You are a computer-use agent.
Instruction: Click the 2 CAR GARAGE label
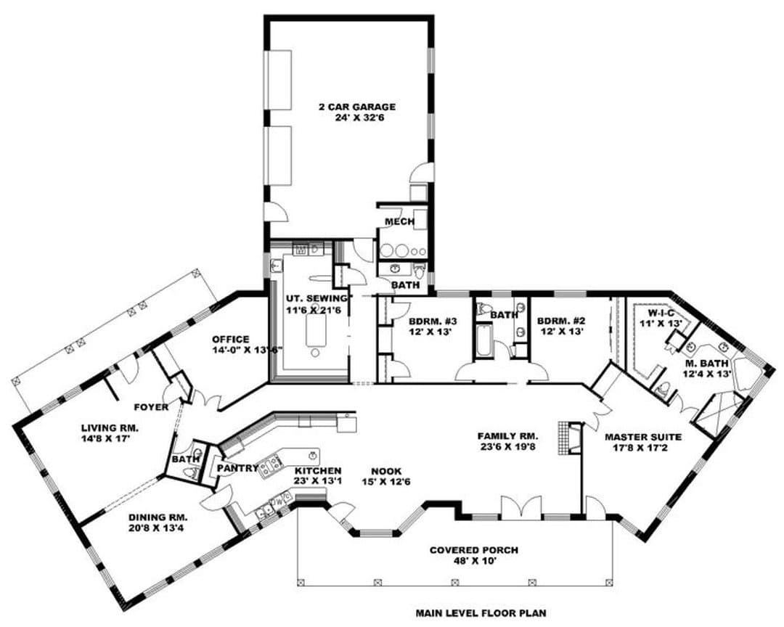click(x=357, y=107)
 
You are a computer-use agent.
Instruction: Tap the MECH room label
click(x=399, y=221)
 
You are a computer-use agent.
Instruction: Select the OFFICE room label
click(x=231, y=340)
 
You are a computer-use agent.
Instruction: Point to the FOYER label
click(x=151, y=408)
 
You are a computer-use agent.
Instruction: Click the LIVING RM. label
click(x=110, y=428)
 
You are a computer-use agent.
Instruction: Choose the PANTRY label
click(x=237, y=469)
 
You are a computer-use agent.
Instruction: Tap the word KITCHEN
click(x=318, y=471)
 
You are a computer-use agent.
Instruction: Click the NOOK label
click(x=386, y=471)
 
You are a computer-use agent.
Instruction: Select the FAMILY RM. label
click(x=507, y=436)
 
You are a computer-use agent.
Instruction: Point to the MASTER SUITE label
click(x=643, y=437)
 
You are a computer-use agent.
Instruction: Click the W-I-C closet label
click(x=661, y=313)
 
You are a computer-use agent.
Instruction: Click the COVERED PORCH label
click(x=473, y=551)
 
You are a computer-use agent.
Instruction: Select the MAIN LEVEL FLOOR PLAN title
click(x=481, y=612)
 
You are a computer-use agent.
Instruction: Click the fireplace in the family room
click(x=570, y=438)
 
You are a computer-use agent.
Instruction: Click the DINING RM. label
click(x=158, y=517)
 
